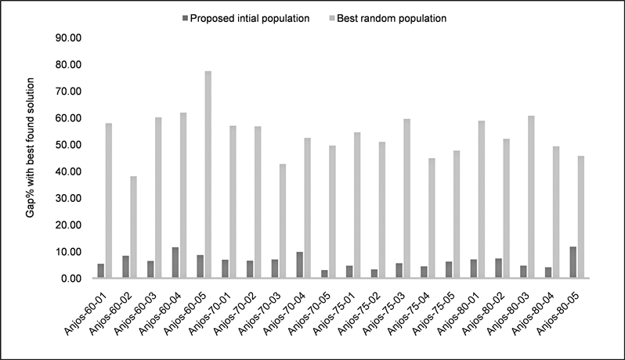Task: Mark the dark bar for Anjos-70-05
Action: pyautogui.click(x=324, y=274)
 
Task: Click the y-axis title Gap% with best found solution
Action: pyautogui.click(x=31, y=157)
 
